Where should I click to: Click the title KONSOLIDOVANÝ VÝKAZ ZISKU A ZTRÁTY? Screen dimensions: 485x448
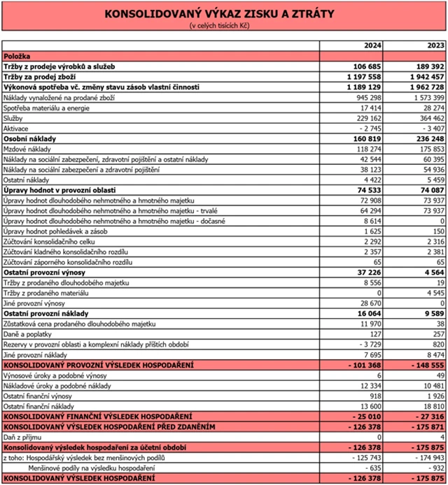(218, 14)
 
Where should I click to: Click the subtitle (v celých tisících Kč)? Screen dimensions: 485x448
(218, 26)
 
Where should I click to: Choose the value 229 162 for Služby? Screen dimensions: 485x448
(367, 120)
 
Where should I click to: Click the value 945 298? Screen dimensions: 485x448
(367, 98)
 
